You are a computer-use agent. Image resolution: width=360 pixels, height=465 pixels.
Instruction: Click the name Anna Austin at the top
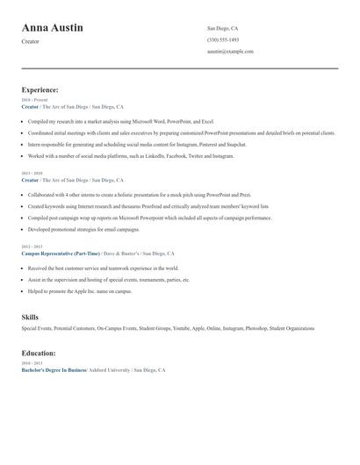pos(53,28)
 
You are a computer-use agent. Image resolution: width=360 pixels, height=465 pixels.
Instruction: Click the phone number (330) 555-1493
pos(223,40)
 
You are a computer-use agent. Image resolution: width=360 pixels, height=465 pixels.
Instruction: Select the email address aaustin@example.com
pos(230,52)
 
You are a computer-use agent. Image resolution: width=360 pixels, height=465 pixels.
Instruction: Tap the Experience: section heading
pos(40,89)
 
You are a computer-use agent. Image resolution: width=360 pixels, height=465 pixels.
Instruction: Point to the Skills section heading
pos(30,317)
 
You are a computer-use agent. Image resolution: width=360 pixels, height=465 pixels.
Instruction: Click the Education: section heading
pos(39,353)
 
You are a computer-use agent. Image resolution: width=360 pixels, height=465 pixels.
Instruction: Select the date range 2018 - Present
pos(33,100)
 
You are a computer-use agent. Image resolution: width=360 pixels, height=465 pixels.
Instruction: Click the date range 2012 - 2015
pos(31,247)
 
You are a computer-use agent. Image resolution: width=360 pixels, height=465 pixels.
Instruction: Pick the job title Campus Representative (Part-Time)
pos(61,253)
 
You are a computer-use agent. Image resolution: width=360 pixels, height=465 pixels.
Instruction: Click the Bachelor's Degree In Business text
pos(54,370)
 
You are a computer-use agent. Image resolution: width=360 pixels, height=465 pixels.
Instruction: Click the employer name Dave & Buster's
pos(122,253)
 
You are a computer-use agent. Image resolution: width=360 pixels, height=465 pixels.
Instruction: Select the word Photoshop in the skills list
pos(257,328)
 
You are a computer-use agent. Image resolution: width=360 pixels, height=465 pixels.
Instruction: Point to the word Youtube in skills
pos(183,328)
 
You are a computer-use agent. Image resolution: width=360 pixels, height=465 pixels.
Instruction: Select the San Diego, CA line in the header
pos(222,29)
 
